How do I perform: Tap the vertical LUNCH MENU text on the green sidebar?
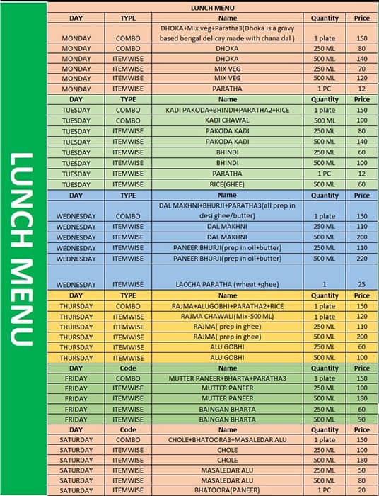click(x=23, y=249)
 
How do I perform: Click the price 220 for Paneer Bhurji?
click(x=361, y=259)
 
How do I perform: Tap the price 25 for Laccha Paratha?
click(x=361, y=284)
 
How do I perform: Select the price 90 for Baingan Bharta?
click(x=361, y=419)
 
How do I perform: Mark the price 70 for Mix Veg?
click(x=361, y=68)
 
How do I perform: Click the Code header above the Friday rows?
click(x=128, y=368)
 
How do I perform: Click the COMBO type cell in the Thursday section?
click(x=128, y=305)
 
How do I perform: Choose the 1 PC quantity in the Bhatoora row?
click(x=325, y=490)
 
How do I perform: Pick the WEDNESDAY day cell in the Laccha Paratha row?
click(x=76, y=284)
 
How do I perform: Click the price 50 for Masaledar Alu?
click(x=361, y=470)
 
